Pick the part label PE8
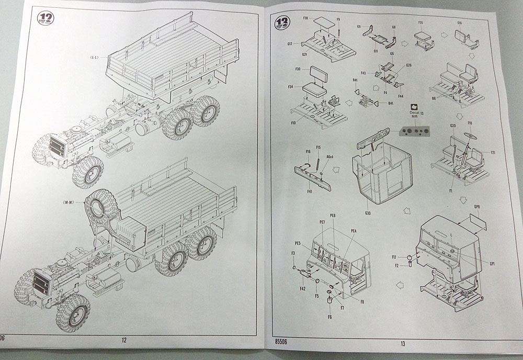coord(333,216)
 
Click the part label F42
coord(302,288)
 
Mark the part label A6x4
coord(331,157)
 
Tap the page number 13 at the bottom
coord(402,344)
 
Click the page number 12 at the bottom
coord(124,341)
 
